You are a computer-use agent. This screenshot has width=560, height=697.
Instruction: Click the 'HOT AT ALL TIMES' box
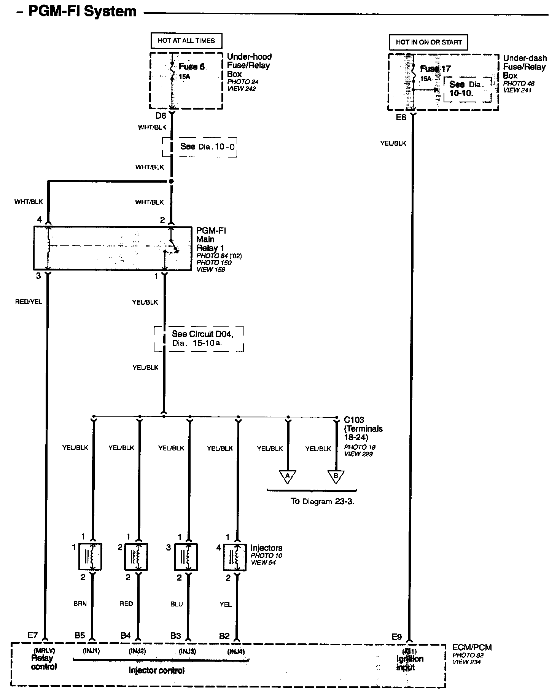[186, 41]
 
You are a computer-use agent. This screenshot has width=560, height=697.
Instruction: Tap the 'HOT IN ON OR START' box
[428, 42]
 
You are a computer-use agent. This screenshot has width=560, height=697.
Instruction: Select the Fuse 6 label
[192, 67]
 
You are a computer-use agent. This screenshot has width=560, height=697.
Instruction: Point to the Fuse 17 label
[435, 69]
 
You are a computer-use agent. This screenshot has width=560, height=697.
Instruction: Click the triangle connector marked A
[288, 476]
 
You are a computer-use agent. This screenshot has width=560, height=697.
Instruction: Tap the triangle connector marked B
[336, 476]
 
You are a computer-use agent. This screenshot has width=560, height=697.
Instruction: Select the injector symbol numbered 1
[90, 557]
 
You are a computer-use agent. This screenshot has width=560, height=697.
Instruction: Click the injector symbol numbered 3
[186, 557]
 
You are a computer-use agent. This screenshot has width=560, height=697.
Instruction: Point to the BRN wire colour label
[80, 604]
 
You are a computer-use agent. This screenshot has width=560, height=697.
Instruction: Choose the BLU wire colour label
[177, 604]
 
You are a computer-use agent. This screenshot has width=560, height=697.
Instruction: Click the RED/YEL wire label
[29, 302]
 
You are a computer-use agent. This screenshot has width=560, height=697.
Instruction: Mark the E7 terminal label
[33, 635]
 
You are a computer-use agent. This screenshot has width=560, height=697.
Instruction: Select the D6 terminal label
[161, 116]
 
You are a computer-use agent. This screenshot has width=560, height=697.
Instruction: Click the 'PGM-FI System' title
[82, 11]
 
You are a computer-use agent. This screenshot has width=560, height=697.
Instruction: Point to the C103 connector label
[354, 420]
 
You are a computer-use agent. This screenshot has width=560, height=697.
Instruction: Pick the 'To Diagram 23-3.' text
[323, 501]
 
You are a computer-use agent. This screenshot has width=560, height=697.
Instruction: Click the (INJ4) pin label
[236, 651]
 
